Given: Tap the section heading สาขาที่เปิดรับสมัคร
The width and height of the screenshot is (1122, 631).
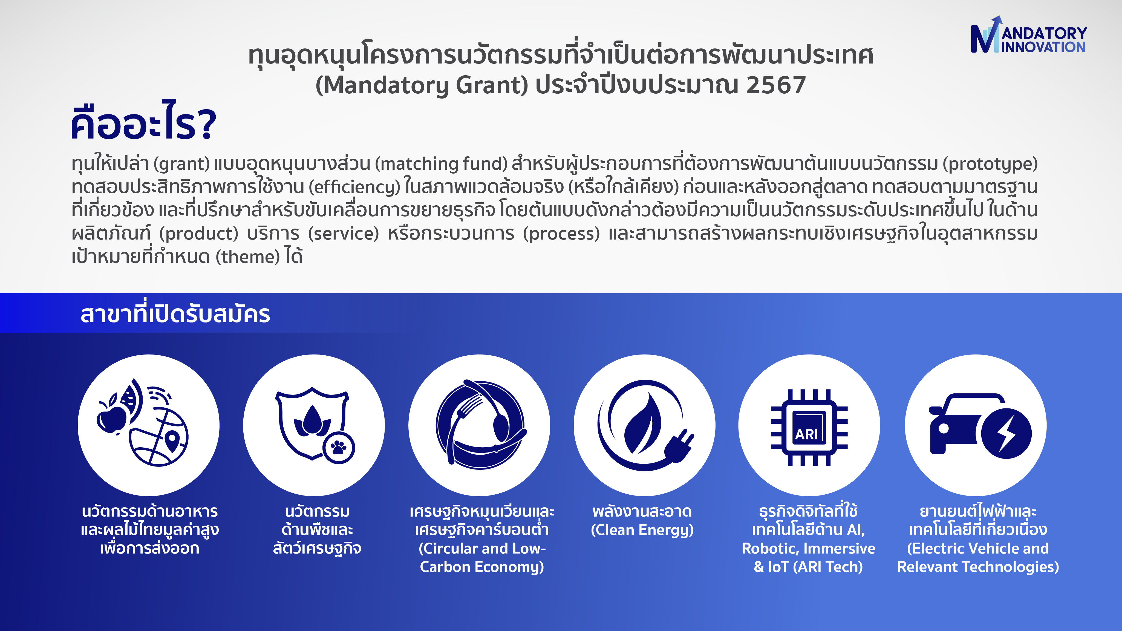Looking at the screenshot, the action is pyautogui.click(x=175, y=313).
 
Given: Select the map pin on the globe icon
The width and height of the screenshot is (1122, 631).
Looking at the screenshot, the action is pyautogui.click(x=172, y=441).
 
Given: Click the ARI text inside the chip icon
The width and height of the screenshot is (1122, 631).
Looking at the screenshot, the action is pyautogui.click(x=806, y=434).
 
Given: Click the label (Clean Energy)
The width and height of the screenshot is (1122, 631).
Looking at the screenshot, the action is pyautogui.click(x=642, y=530).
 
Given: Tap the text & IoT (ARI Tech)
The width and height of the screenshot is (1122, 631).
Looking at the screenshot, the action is pyautogui.click(x=808, y=567).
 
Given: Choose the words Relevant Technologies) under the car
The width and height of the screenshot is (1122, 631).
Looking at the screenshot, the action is pyautogui.click(x=978, y=567).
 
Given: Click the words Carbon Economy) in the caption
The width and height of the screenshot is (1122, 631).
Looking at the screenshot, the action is pyautogui.click(x=482, y=567).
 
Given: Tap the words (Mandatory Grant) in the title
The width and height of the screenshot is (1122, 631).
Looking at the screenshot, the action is pyautogui.click(x=422, y=85).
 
